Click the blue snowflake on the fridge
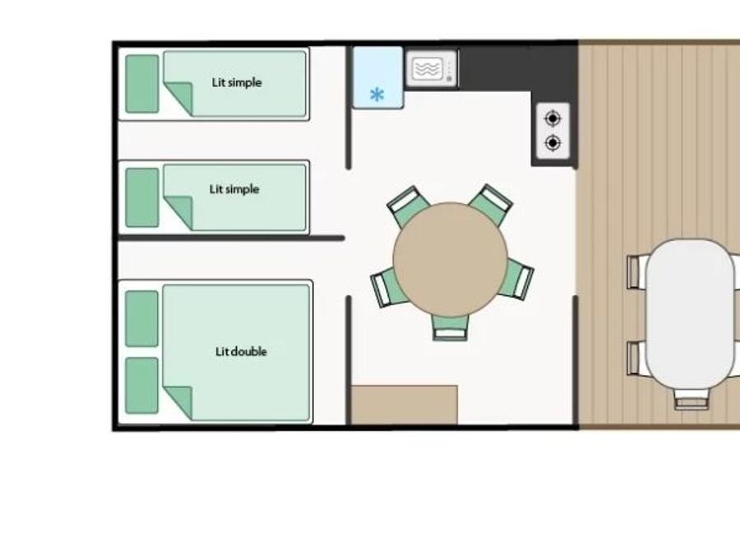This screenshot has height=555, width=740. (377, 95)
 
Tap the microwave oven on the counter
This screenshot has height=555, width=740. (432, 69)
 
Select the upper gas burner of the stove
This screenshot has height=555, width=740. (553, 118)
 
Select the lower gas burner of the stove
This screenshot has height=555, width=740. (553, 142)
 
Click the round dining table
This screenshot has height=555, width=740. (451, 259)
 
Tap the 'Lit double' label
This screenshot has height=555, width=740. (241, 352)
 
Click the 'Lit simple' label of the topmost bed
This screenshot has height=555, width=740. (237, 82)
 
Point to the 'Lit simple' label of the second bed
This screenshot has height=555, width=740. (234, 189)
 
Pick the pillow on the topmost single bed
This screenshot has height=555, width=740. (142, 84)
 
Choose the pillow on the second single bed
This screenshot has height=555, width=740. (142, 197)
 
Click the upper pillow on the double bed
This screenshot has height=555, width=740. (142, 318)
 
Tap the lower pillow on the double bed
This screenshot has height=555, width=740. (142, 386)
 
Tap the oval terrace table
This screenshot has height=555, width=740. (690, 314)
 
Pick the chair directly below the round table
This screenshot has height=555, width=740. (451, 327)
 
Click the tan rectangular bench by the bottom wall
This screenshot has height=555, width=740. (405, 405)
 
